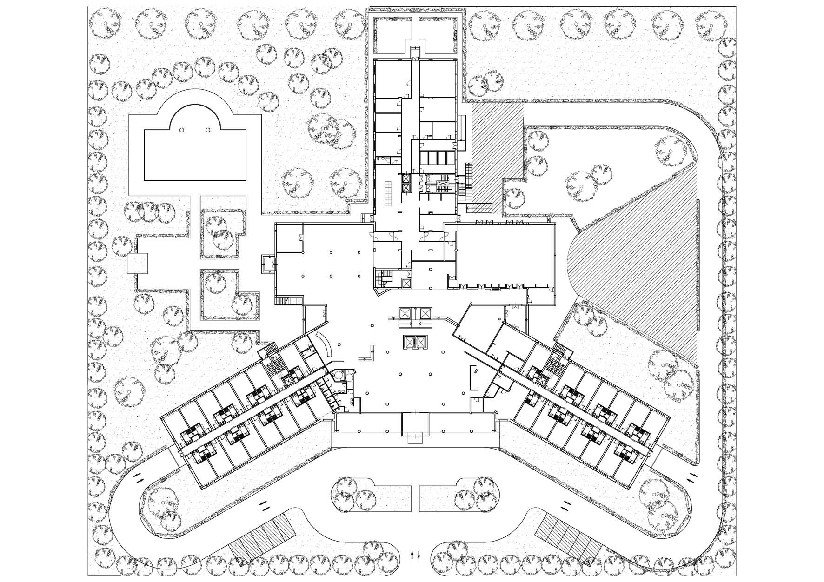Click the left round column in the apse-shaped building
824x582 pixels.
(182, 130)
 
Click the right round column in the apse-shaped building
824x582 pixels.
(208, 130)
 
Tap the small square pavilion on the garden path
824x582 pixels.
(137, 263)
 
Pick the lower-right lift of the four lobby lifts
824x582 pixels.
(420, 342)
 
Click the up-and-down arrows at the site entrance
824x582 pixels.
(416, 555)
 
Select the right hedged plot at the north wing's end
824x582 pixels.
(436, 35)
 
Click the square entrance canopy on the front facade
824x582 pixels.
(414, 426)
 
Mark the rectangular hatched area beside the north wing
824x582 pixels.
(498, 139)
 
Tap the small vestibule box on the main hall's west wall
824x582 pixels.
(269, 263)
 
